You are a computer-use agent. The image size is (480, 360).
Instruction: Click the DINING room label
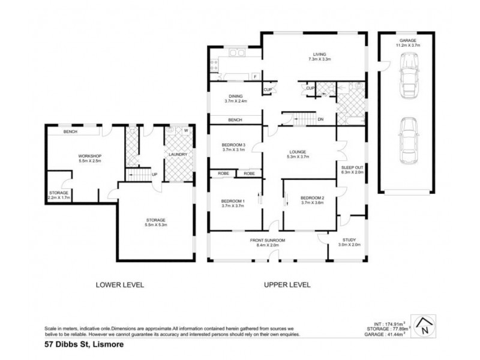coord(235,98)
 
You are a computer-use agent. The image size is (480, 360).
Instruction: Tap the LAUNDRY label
coord(178,155)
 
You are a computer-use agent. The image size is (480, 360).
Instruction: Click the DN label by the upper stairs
coord(320,119)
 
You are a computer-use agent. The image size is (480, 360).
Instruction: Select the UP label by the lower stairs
coord(154,175)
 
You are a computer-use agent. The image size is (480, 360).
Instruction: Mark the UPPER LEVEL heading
coord(287,286)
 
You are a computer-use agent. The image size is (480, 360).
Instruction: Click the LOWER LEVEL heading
coord(120,286)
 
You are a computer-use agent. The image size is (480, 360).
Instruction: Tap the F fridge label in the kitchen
coord(255,77)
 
